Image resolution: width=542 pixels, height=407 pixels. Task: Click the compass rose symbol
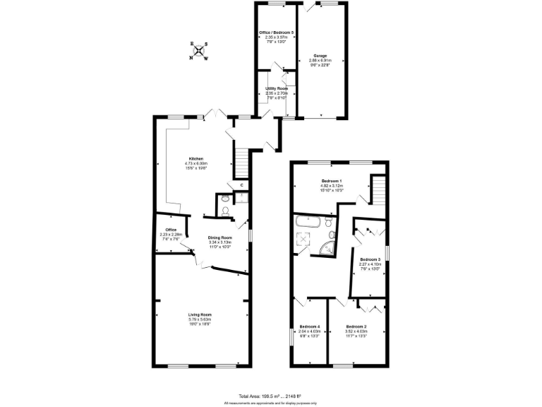tap(198, 51)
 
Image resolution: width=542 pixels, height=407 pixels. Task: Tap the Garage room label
tap(320, 55)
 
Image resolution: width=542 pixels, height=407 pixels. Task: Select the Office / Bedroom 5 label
tap(276, 34)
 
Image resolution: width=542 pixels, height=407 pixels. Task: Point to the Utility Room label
tap(276, 88)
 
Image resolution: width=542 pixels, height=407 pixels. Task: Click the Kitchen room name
tap(195, 158)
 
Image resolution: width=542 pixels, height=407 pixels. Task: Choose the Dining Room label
tap(220, 237)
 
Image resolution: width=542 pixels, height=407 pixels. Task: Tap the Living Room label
tap(200, 314)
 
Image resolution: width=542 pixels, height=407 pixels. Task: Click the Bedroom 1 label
tap(331, 182)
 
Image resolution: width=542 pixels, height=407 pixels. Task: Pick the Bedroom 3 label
tap(370, 260)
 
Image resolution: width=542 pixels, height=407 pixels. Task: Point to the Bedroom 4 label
tap(310, 326)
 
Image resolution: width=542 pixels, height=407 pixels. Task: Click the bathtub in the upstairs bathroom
tap(308, 222)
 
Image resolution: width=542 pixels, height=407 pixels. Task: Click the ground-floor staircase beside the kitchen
tap(241, 165)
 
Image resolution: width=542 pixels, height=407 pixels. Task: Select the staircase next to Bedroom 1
tap(378, 189)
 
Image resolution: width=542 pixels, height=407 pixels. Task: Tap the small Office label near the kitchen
tap(171, 230)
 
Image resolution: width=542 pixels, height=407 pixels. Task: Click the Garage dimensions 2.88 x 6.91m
tap(320, 60)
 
